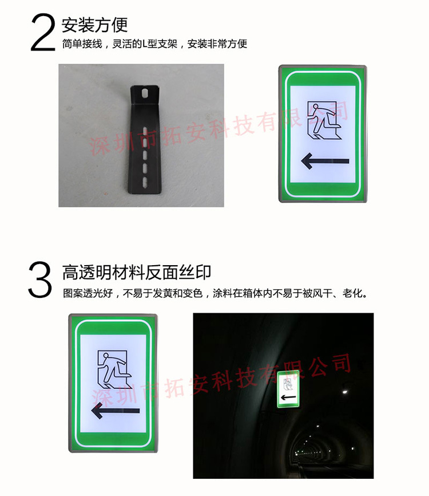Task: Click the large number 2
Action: pyautogui.click(x=44, y=33)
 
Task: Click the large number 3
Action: pyautogui.click(x=40, y=279)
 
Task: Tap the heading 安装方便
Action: pyautogui.click(x=94, y=25)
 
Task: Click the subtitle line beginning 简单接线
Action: pyautogui.click(x=154, y=44)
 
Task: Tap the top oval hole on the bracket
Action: pyautogui.click(x=146, y=93)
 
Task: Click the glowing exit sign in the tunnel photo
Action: pyautogui.click(x=289, y=389)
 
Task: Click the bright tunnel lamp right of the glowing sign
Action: pyautogui.click(x=345, y=391)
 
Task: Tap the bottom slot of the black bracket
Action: pyautogui.click(x=146, y=182)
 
